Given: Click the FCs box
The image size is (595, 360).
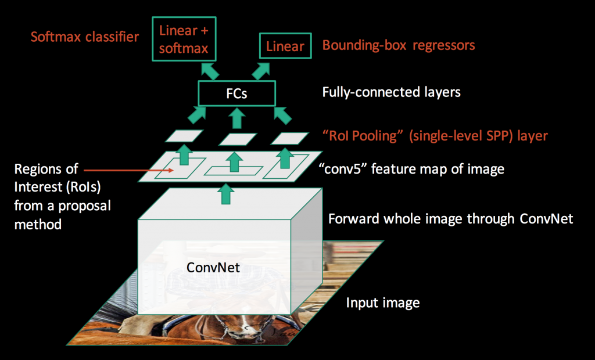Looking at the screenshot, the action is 237,93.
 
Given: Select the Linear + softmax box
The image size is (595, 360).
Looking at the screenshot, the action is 184,39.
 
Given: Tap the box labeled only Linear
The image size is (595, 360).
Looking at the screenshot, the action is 285,46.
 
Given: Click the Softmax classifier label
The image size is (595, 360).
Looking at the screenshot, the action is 85,37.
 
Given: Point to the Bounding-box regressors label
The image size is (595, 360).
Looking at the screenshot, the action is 399,45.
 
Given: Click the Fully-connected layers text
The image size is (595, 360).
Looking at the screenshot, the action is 391,92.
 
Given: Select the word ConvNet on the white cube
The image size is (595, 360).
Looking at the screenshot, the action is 213,268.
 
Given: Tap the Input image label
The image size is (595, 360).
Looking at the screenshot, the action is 383,303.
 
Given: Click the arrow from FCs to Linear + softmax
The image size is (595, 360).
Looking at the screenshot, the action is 210,71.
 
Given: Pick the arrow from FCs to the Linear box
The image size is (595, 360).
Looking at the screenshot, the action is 261,71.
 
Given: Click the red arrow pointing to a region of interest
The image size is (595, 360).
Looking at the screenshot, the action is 128,170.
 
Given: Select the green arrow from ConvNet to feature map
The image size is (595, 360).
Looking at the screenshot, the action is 226,194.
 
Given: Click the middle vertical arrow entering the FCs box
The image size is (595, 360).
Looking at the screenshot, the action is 237,118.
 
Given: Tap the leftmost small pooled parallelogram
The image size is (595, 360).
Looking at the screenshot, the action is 184,136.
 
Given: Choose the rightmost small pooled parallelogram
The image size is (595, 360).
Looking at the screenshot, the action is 289,138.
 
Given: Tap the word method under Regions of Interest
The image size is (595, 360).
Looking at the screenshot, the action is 38,224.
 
